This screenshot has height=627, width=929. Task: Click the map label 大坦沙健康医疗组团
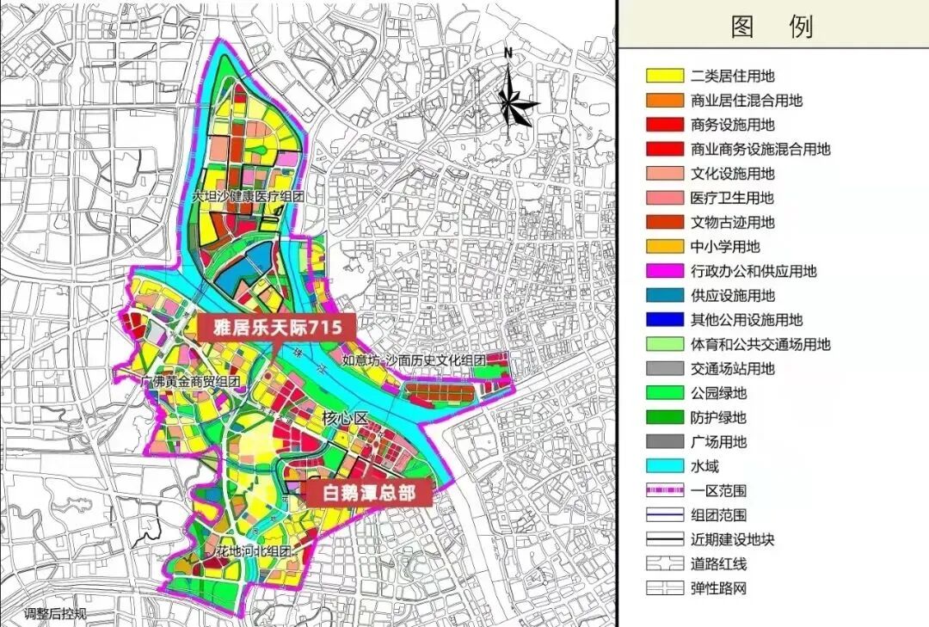point(249,197)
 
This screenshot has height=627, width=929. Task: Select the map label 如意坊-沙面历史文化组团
point(414,360)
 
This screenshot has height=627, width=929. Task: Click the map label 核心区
point(345,419)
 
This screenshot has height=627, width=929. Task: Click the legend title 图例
point(772,27)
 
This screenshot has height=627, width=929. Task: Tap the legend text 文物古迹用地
point(732,222)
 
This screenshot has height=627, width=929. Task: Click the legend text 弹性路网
point(718,589)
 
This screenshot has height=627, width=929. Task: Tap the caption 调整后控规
point(55,614)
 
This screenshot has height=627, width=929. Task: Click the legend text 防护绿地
point(718,418)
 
